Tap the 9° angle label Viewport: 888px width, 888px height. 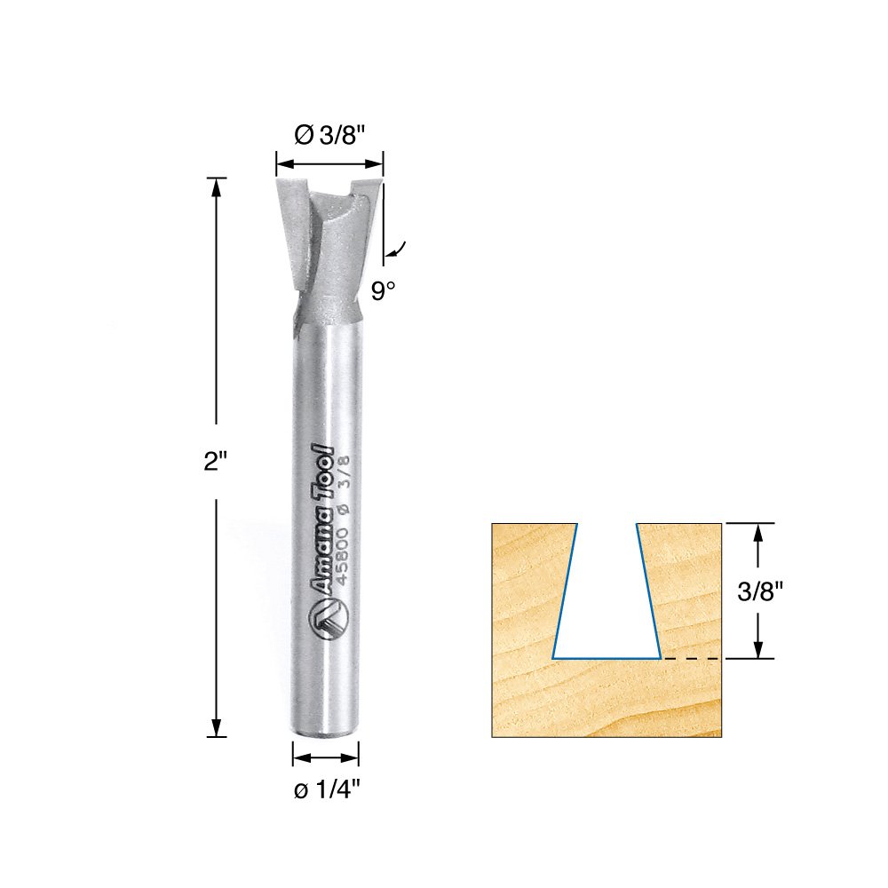point(383,291)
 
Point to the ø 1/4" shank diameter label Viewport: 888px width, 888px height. point(326,791)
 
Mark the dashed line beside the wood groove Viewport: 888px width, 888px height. point(693,659)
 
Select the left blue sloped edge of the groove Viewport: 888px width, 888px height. point(566,591)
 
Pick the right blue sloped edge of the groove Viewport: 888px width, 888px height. point(649,591)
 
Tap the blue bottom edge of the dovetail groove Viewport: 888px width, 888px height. point(607,658)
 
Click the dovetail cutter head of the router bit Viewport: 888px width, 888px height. point(328,240)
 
